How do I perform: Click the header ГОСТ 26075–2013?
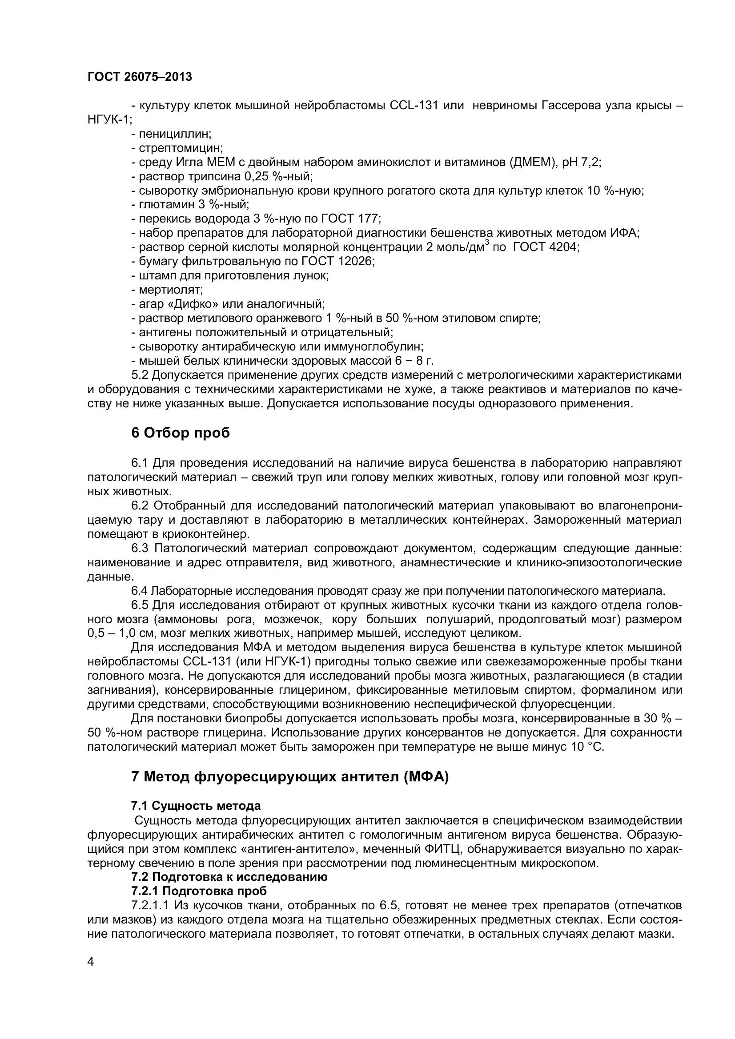pyautogui.click(x=140, y=77)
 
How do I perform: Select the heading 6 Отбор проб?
pyautogui.click(x=180, y=433)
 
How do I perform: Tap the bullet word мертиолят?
pyautogui.click(x=171, y=290)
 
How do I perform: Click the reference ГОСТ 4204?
pyautogui.click(x=546, y=247)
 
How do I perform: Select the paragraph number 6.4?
pyautogui.click(x=139, y=591)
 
